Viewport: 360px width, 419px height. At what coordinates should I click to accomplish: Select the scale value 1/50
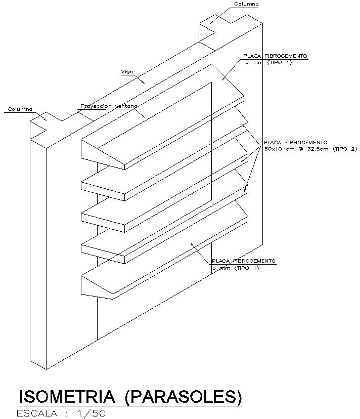pos(92,413)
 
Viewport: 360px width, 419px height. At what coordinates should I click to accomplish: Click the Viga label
pos(126,72)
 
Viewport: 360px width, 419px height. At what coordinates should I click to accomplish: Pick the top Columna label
pos(246,4)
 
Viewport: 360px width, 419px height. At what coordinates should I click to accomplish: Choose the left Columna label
pos(20,109)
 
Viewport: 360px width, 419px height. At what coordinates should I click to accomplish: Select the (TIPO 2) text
pos(345,149)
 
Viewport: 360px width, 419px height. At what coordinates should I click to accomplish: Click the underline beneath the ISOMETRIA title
pos(130,406)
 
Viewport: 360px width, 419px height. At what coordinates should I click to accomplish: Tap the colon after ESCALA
pos(67,414)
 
